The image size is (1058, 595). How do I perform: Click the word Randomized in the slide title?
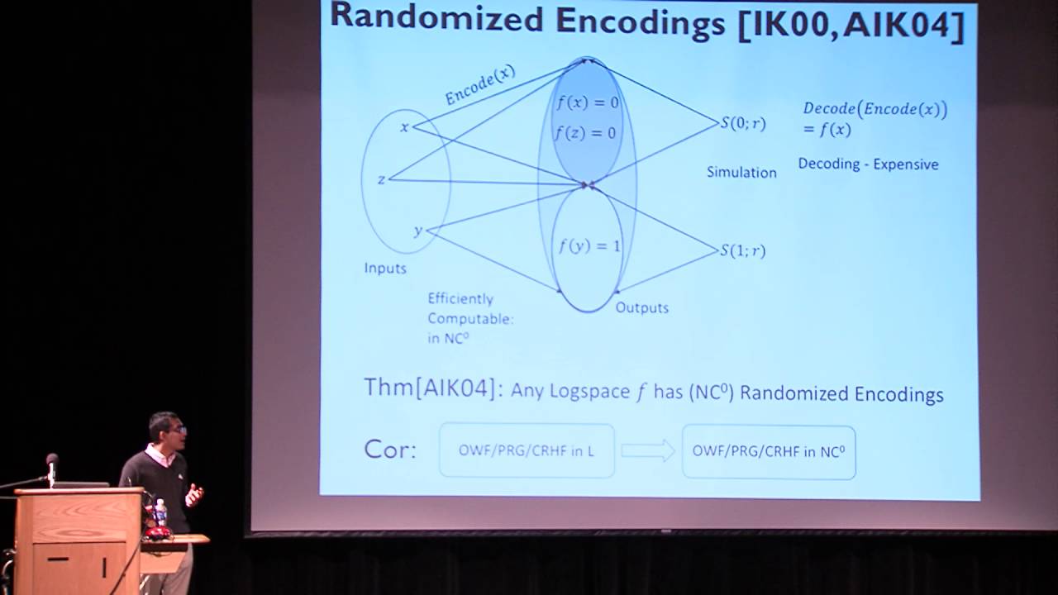437,19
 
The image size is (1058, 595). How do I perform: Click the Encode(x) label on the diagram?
480,85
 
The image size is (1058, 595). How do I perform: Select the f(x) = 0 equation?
588,102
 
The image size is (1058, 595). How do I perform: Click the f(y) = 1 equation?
589,246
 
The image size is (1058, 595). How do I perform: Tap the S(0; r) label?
743,123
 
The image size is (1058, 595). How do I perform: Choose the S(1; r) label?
743,250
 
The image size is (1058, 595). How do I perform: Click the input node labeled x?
405,126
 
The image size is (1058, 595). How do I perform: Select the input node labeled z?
381,180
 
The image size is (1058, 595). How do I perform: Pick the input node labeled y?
418,231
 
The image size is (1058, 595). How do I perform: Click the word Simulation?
741,173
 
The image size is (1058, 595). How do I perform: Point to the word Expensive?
906,164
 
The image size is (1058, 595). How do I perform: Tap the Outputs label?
642,308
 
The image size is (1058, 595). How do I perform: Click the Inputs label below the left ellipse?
385,269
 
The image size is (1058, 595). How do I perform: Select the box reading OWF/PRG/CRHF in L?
527,450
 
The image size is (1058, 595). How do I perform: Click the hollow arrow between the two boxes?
648,450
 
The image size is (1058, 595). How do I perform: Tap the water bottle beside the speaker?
160,512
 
